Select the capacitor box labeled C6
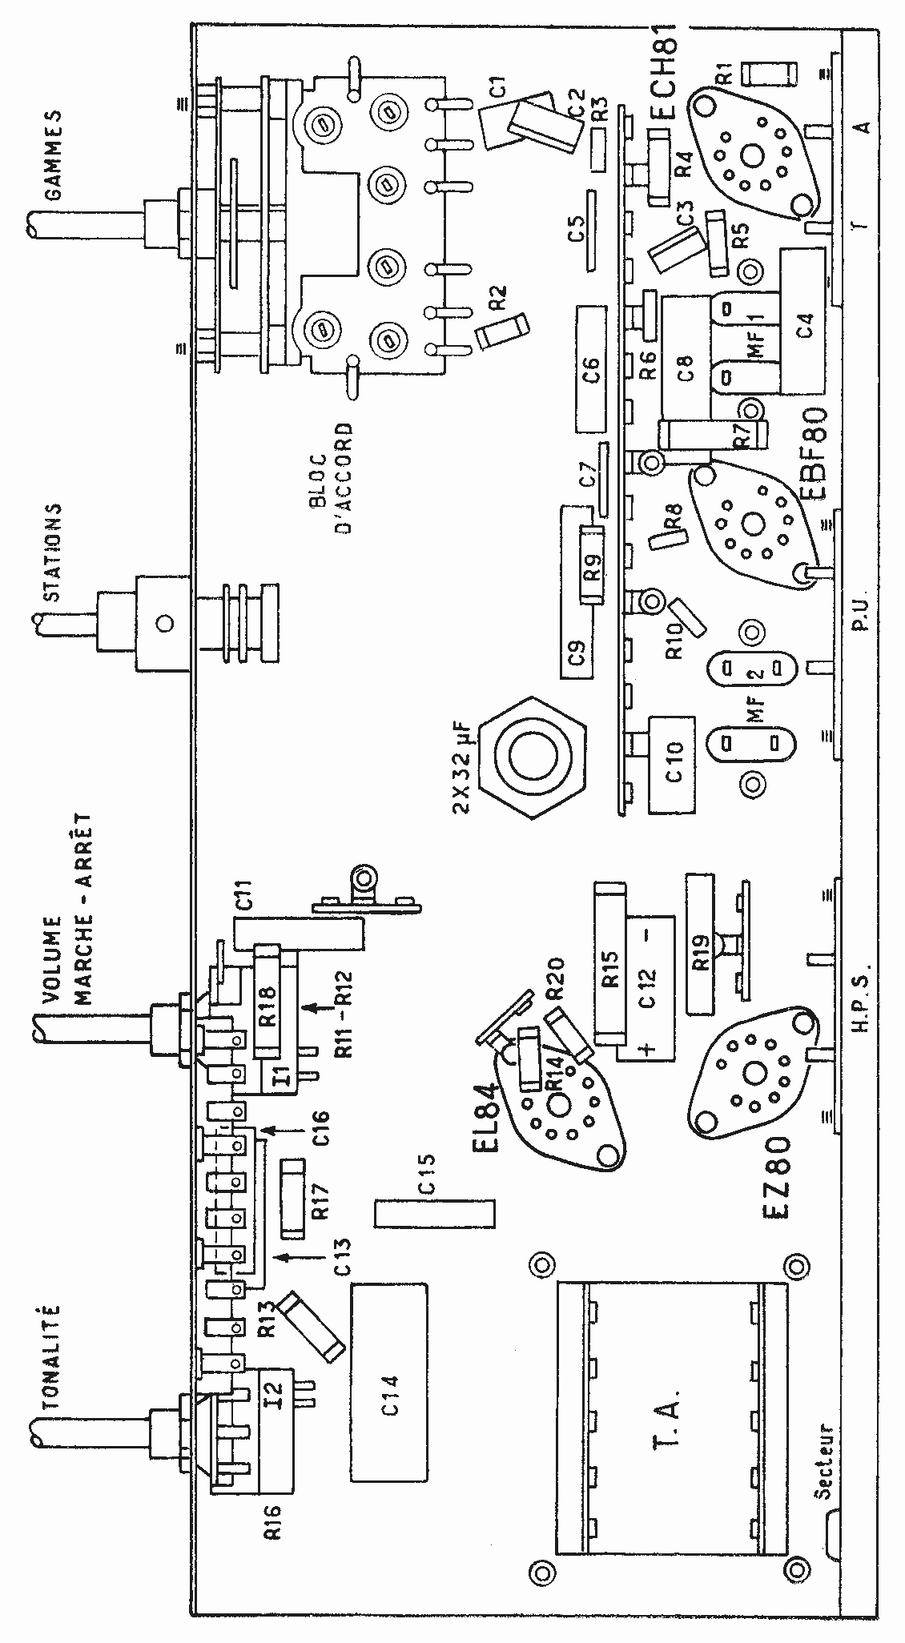[x=593, y=368]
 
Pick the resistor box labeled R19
[x=699, y=945]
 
